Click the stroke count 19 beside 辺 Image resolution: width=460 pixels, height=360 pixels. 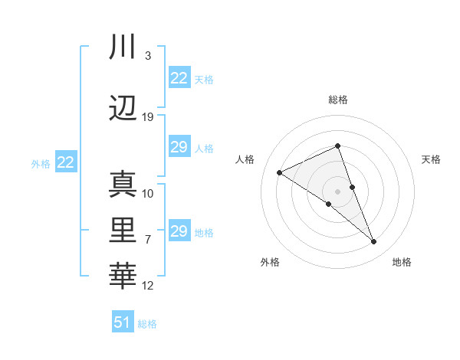pos(148,117)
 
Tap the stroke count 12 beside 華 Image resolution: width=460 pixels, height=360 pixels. pos(148,286)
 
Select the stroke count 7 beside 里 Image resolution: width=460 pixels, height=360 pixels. pos(148,240)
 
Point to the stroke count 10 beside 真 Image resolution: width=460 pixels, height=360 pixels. pos(148,194)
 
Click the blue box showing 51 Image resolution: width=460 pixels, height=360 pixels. pos(122,322)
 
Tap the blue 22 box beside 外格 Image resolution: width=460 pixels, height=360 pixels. pos(65,162)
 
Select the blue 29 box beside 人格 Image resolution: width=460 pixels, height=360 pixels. pos(179,147)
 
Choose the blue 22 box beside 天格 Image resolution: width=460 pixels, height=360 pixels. pos(179,78)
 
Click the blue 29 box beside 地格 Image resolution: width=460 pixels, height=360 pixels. pos(179,231)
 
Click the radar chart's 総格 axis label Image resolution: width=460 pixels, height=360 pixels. pos(338,100)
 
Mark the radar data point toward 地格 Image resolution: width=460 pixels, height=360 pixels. pos(374,242)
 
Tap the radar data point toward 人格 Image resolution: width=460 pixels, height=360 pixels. pos(280,172)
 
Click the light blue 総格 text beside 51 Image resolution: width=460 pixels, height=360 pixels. pos(147,324)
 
